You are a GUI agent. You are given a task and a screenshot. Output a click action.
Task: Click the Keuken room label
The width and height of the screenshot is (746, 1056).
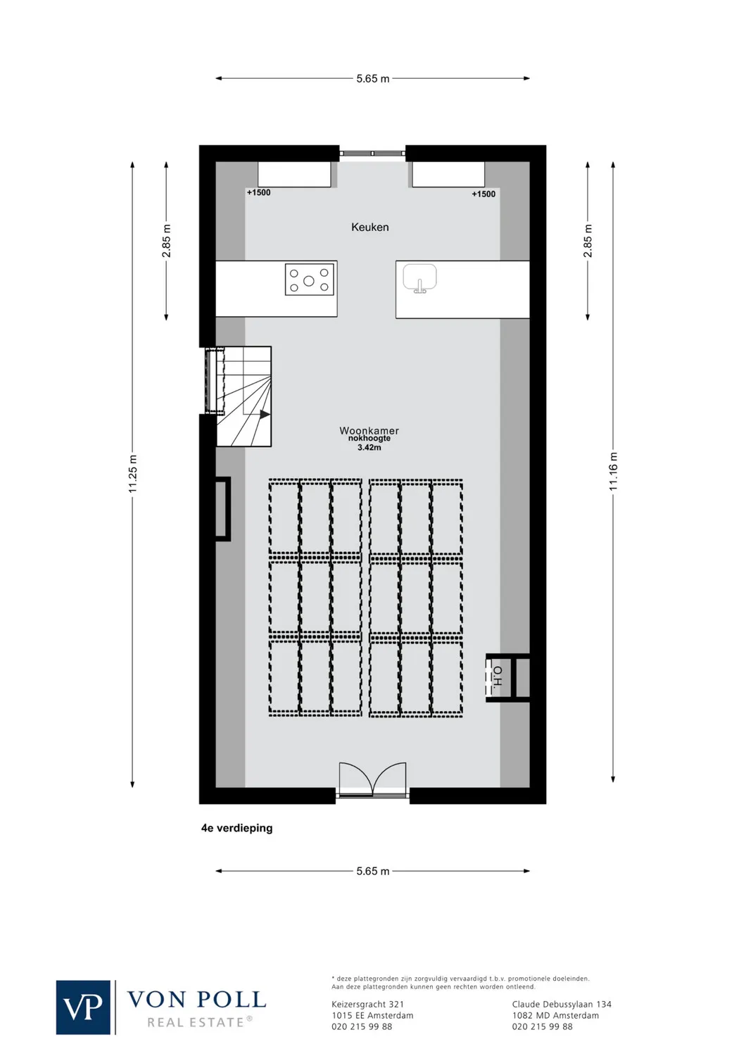pos(369,227)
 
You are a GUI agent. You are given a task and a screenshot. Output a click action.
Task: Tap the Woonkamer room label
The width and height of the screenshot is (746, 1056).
pos(369,430)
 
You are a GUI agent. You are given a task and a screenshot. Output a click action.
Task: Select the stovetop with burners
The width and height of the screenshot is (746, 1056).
pos(309,279)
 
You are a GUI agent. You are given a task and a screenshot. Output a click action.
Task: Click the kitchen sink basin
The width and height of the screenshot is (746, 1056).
pos(419,278)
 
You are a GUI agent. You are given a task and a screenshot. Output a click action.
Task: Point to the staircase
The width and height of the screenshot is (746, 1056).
pos(243,396)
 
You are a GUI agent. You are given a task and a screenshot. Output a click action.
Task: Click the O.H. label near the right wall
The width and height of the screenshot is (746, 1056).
pos(498,677)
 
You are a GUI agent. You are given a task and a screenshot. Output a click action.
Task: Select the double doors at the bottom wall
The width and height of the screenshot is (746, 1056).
pos(372,780)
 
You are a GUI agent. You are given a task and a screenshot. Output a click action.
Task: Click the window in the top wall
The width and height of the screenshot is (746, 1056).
pos(372,153)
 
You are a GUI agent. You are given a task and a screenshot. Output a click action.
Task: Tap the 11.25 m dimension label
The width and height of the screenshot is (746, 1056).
pos(133,474)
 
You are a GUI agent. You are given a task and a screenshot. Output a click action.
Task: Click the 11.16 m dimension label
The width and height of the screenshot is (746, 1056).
pos(613,472)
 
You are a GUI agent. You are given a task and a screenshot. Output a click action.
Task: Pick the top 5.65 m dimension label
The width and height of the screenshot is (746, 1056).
pos(372,79)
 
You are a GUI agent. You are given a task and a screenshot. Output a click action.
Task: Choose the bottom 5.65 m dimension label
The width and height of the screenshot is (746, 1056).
pos(372,871)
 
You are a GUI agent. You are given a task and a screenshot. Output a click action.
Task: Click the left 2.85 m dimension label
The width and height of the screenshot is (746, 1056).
pos(167,241)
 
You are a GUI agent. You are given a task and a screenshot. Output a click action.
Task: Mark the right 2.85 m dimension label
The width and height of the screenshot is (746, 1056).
pos(588,241)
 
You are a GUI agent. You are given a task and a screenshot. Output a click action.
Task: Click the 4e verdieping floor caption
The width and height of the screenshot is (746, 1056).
pos(236,828)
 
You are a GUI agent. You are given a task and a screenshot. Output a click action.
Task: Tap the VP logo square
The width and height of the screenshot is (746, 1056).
pos(83,1007)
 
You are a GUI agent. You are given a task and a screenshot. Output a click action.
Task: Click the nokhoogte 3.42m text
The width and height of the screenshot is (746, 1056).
pos(369,443)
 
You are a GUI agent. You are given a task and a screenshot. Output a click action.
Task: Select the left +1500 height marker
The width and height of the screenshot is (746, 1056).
pos(258,192)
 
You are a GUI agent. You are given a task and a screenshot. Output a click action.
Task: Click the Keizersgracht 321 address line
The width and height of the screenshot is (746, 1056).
pos(367,1005)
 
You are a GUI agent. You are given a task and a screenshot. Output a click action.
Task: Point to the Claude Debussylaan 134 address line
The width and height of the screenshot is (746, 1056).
pos(562,1005)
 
